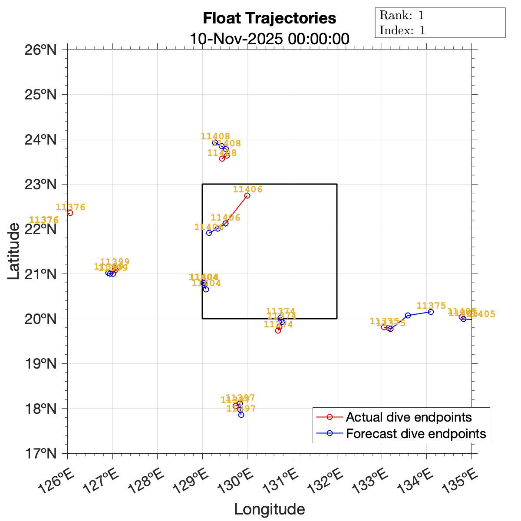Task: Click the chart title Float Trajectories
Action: (x=269, y=18)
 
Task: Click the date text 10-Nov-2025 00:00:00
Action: (x=269, y=39)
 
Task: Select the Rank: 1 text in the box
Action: (x=402, y=16)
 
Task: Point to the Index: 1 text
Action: (x=402, y=30)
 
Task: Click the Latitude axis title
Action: (x=14, y=251)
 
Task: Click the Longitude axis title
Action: (x=269, y=509)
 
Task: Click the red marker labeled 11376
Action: (x=70, y=213)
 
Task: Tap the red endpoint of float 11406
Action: (x=247, y=195)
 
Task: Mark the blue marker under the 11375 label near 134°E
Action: (x=431, y=312)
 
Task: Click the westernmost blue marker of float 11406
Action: (x=209, y=233)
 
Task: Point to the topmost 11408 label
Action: (x=215, y=136)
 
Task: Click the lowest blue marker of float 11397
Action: (x=241, y=415)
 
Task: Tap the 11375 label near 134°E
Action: (x=431, y=305)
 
